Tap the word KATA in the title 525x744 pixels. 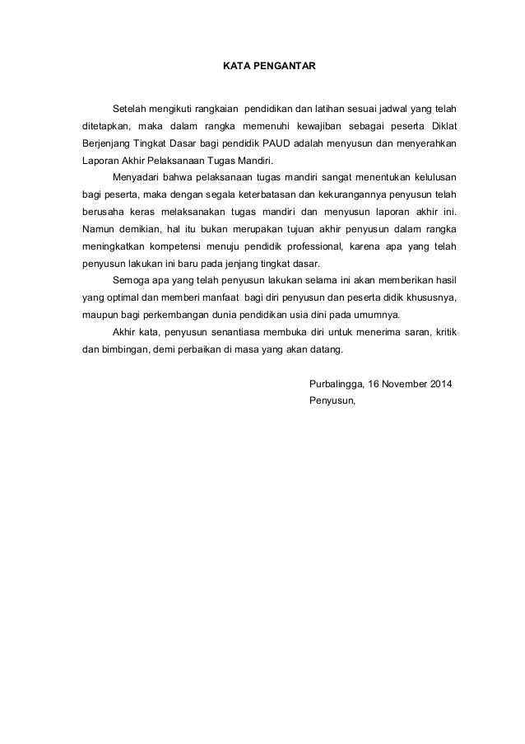coord(237,63)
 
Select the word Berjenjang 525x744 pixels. coord(106,143)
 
